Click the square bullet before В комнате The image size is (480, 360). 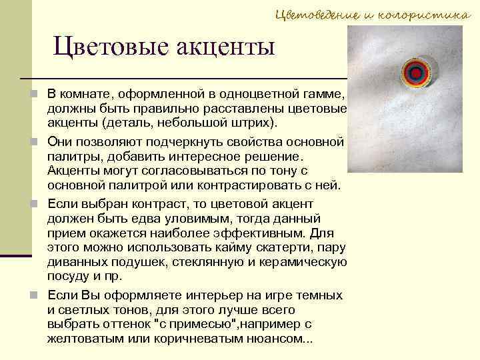click(x=35, y=95)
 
